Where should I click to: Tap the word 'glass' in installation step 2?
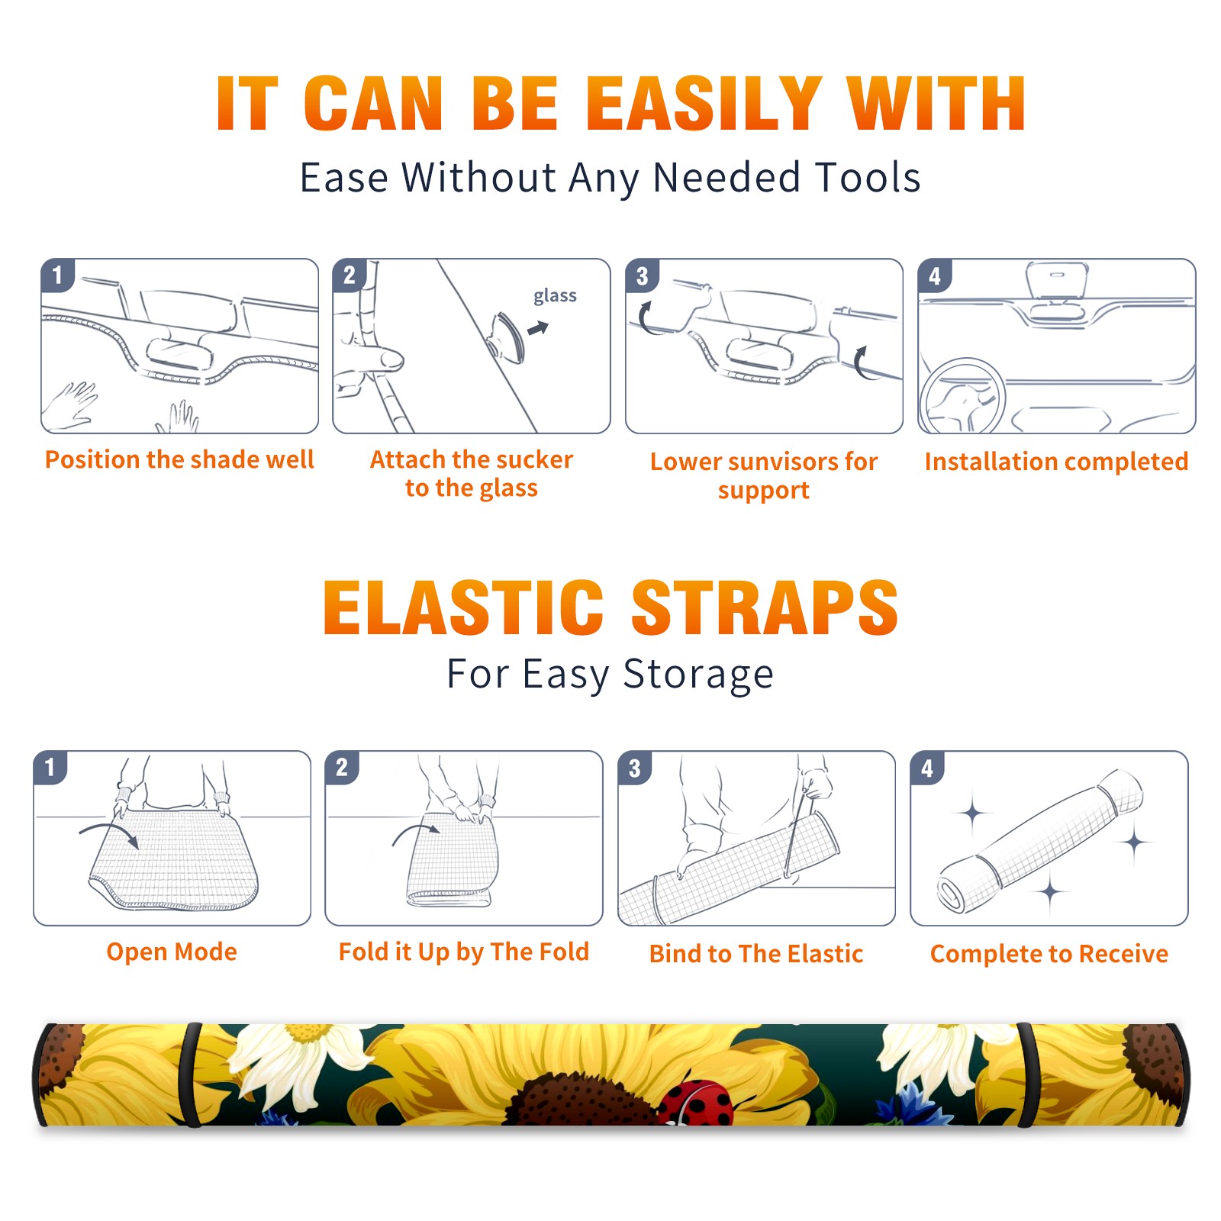(x=555, y=296)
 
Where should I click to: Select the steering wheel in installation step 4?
(x=962, y=396)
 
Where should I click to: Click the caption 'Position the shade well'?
(x=179, y=459)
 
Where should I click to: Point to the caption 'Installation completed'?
(x=1056, y=462)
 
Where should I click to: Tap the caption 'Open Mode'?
(x=172, y=952)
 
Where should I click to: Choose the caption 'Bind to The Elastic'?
(x=756, y=954)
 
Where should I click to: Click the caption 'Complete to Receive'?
(x=1049, y=954)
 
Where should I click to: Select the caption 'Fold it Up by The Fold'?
(x=464, y=952)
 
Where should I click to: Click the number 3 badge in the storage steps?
(x=635, y=768)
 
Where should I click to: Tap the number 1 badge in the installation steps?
(x=58, y=275)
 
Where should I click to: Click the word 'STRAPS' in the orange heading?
(x=765, y=607)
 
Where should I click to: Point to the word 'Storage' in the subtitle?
(x=698, y=675)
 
